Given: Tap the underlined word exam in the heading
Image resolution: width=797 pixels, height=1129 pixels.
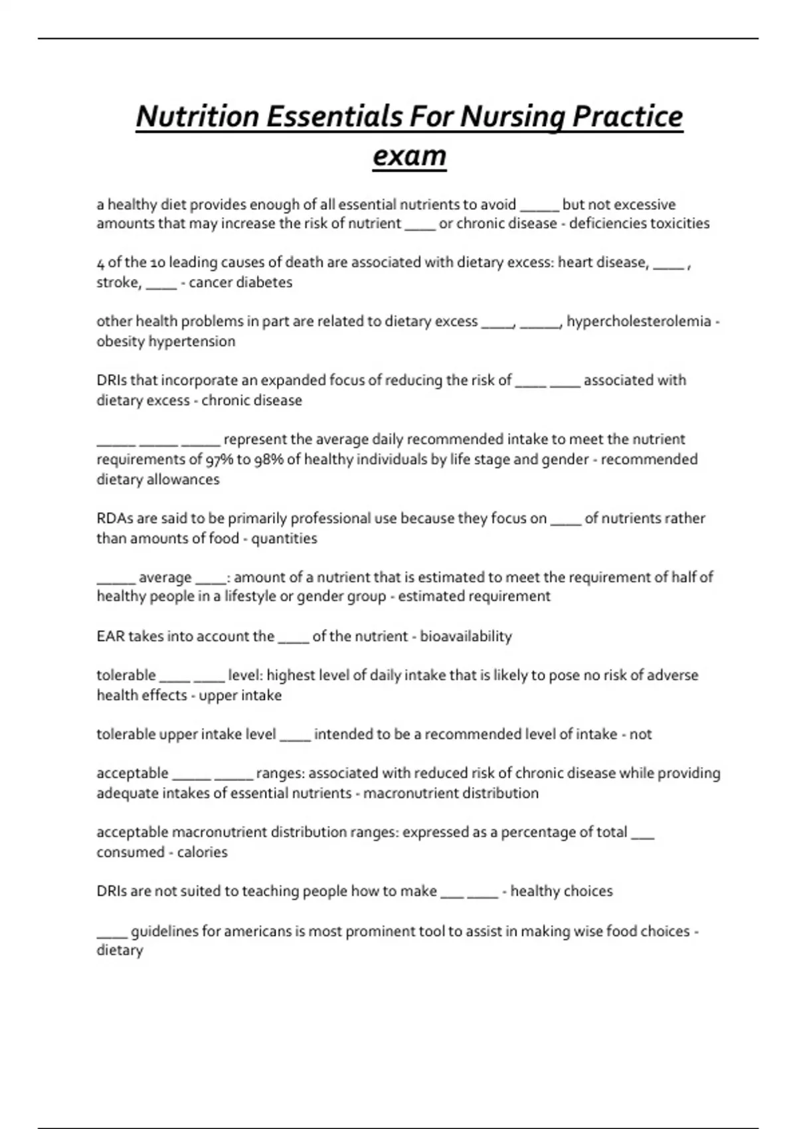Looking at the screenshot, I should tap(409, 156).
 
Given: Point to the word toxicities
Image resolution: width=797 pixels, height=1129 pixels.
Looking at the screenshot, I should tap(679, 224).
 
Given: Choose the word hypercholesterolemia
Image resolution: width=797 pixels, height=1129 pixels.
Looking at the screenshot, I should tap(638, 321).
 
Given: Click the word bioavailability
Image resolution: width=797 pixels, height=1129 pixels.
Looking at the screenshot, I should tap(466, 637).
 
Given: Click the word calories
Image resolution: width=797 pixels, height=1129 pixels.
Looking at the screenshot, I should tap(202, 853).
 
